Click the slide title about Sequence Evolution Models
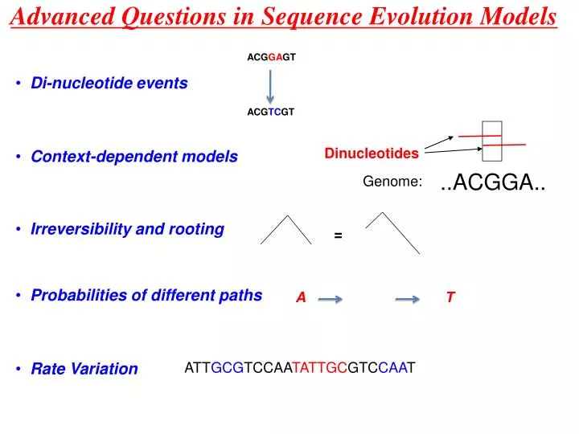tap(284, 18)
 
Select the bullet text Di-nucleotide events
tap(109, 83)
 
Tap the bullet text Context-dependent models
tap(134, 157)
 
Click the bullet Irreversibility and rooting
tap(127, 229)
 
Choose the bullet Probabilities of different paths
tap(146, 295)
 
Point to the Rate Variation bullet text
tap(84, 369)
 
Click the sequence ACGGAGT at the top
tap(270, 57)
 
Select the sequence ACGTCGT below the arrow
tap(270, 113)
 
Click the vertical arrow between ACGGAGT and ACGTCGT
tap(270, 85)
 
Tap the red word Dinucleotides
tap(372, 153)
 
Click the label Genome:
tap(392, 182)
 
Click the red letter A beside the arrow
tap(301, 298)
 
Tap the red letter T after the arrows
tap(450, 298)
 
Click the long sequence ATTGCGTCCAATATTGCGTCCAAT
tap(300, 368)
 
